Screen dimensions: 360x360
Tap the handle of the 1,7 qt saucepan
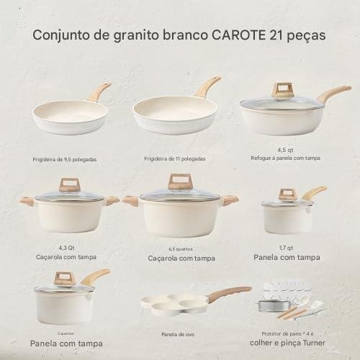point(315,192)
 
